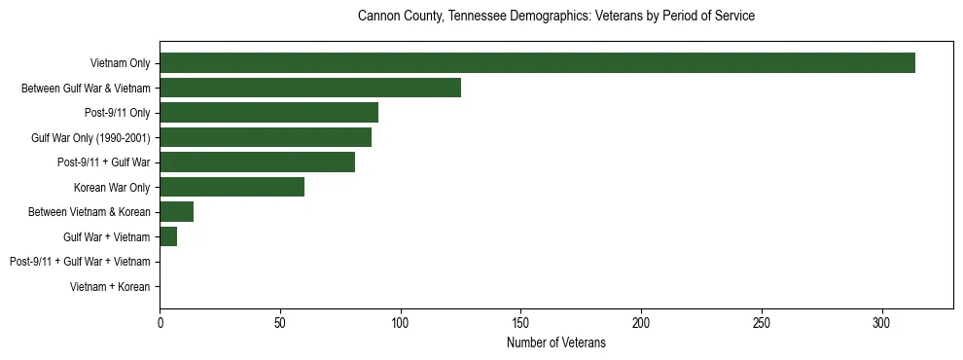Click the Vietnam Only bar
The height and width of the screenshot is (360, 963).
click(537, 63)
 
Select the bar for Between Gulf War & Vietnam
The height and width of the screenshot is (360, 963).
click(310, 89)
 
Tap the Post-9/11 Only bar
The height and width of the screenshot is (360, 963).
click(269, 113)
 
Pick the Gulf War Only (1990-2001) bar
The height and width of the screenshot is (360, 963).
click(266, 137)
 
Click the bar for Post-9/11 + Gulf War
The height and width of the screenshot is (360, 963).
click(258, 162)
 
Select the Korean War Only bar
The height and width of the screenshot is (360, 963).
click(232, 187)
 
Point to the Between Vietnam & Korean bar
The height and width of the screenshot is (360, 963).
click(177, 212)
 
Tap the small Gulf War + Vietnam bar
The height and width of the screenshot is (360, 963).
click(168, 236)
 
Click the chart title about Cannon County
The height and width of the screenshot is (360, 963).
click(556, 17)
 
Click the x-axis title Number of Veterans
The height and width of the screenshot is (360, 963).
click(556, 342)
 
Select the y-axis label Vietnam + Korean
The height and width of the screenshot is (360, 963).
click(110, 287)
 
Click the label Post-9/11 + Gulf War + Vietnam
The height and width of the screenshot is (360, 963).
click(80, 262)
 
